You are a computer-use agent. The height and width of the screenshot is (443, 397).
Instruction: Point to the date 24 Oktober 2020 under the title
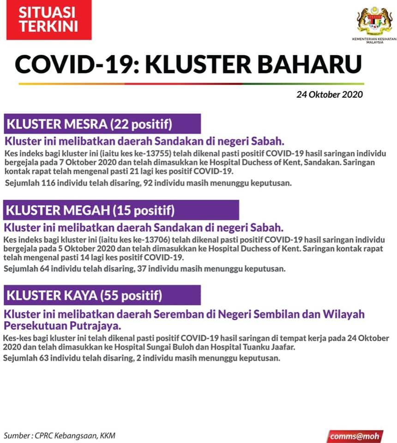coord(330,95)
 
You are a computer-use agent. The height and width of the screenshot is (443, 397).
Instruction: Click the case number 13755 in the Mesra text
coord(153,153)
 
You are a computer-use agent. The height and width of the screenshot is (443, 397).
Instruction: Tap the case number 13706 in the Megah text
coord(153,239)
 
